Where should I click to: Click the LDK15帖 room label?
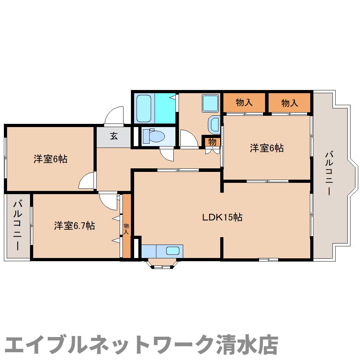[x=222, y=217]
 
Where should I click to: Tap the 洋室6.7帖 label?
[x=74, y=226]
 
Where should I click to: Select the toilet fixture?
[x=155, y=136]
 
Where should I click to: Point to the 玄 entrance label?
[x=114, y=136]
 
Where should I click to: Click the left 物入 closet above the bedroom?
[x=244, y=103]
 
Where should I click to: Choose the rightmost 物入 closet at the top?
[x=290, y=103]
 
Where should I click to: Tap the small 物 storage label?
[x=212, y=142]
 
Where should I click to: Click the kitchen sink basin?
[x=173, y=251]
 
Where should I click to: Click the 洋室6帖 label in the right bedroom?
[x=267, y=148]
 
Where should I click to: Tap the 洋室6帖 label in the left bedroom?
[x=50, y=159]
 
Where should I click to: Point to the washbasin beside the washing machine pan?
[x=214, y=124]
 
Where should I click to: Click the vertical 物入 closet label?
[x=126, y=229]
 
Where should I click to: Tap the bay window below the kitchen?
[x=162, y=264]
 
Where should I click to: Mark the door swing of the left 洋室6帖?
[x=87, y=181]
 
